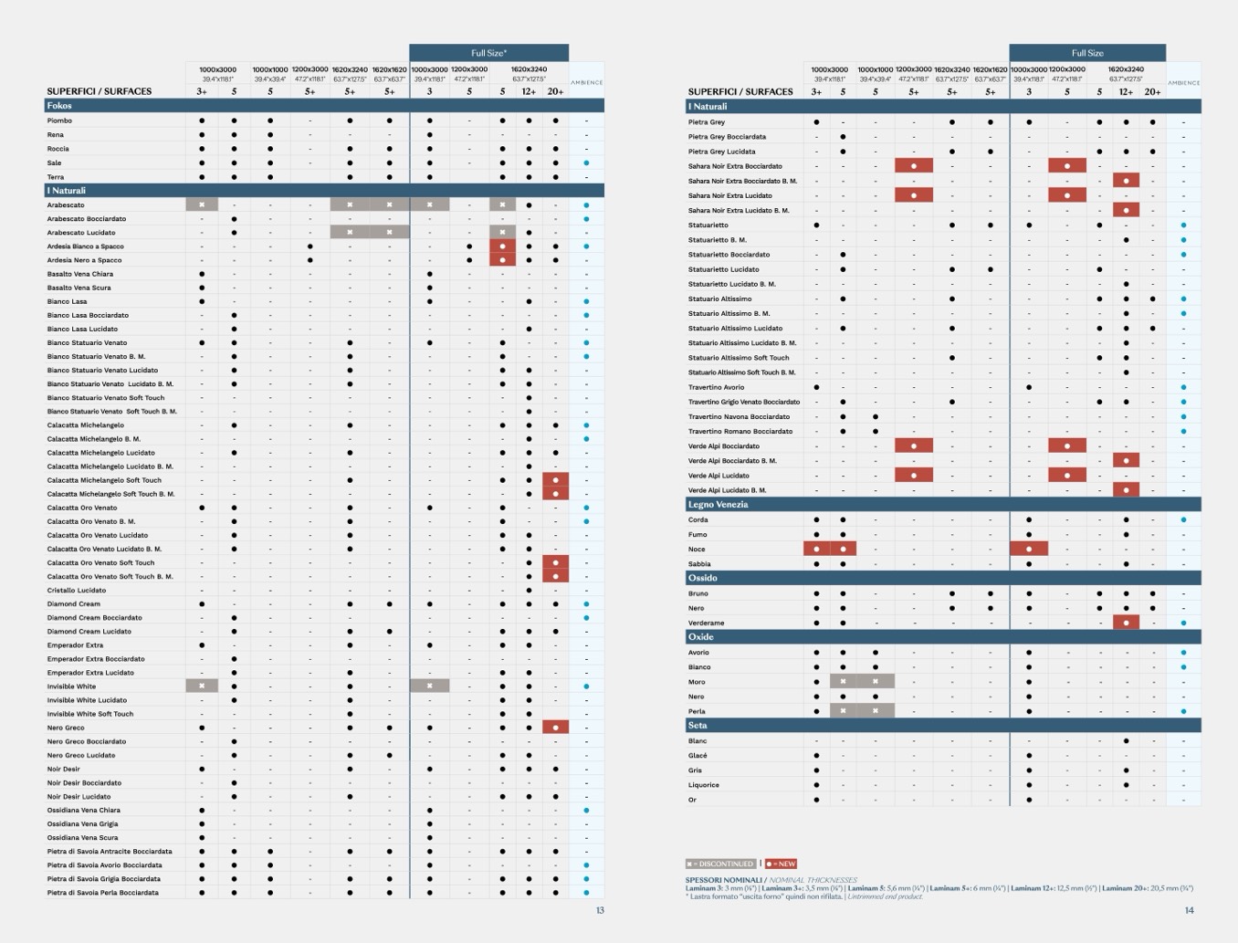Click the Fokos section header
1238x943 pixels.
pyautogui.click(x=59, y=106)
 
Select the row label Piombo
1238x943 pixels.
pyautogui.click(x=59, y=120)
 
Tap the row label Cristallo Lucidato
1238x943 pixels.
pyautogui.click(x=77, y=591)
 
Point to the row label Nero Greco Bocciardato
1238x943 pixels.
pyautogui.click(x=87, y=741)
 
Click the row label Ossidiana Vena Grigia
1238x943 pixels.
pyautogui.click(x=82, y=823)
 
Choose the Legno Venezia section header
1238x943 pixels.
pyautogui.click(x=718, y=504)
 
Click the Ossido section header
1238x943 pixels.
pyautogui.click(x=702, y=578)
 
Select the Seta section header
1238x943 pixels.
pyautogui.click(x=698, y=726)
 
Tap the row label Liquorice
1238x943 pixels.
pyautogui.click(x=703, y=785)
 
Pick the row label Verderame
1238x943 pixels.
pyautogui.click(x=706, y=623)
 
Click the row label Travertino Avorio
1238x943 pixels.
pyautogui.click(x=716, y=387)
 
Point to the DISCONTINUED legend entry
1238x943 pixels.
pyautogui.click(x=721, y=864)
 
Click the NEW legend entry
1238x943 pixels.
pyautogui.click(x=782, y=864)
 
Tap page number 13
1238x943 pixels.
pyautogui.click(x=600, y=910)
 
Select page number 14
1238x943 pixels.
pyautogui.click(x=1189, y=910)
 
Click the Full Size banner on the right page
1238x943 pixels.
pyautogui.click(x=1087, y=53)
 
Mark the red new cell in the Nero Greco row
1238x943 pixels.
pyautogui.click(x=555, y=728)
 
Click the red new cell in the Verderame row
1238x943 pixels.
pyautogui.click(x=1126, y=623)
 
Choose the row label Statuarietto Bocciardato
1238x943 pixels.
pyautogui.click(x=729, y=255)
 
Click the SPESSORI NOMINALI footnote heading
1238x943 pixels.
pyautogui.click(x=723, y=880)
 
